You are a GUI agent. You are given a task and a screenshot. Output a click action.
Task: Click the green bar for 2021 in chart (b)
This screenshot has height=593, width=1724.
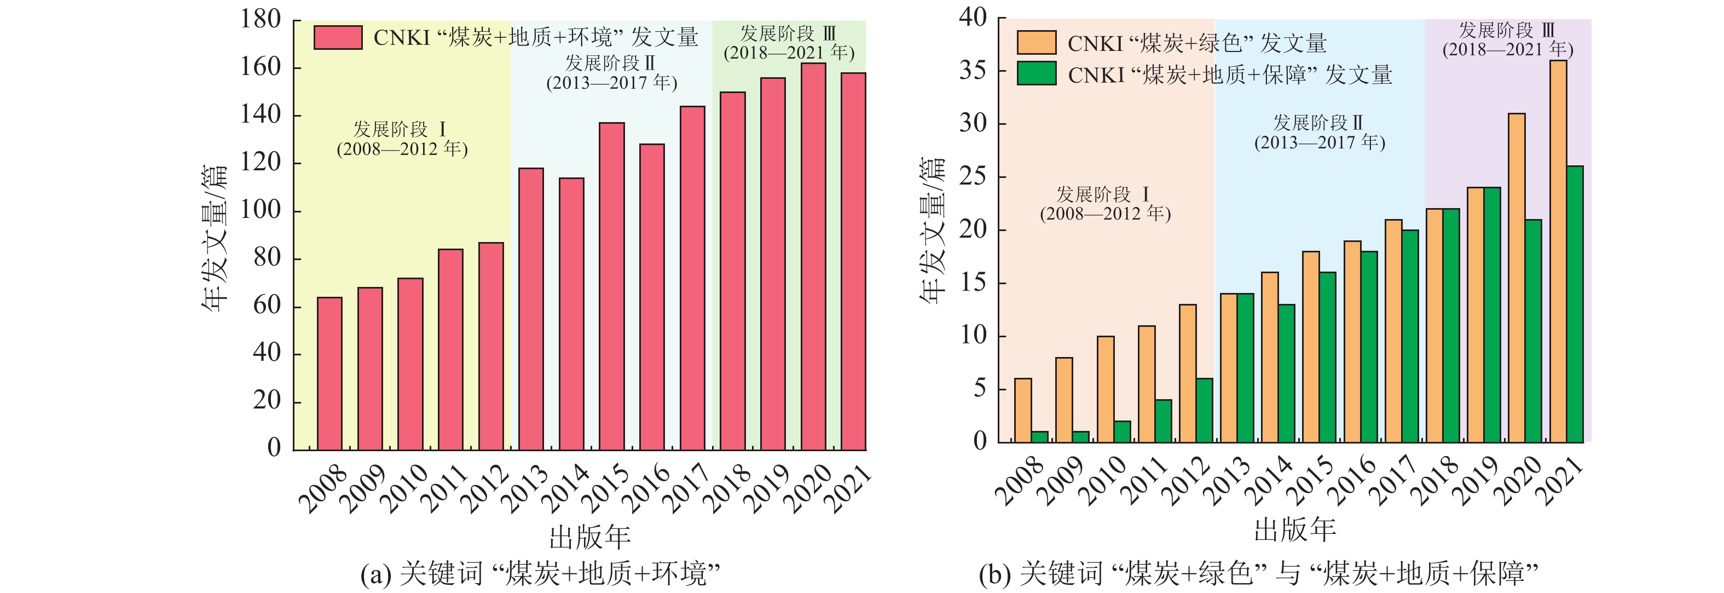(x=1575, y=304)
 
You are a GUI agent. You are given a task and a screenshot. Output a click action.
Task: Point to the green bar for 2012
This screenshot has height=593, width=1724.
(x=1204, y=410)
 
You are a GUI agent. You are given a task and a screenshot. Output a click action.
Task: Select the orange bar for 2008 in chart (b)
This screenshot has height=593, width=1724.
(x=1022, y=410)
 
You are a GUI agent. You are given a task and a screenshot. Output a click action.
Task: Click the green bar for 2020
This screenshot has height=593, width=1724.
(x=1533, y=331)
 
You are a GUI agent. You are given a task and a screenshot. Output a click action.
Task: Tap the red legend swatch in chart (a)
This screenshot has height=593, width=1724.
(x=338, y=37)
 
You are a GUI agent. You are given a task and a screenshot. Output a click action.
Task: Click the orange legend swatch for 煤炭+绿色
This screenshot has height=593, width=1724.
(x=1036, y=43)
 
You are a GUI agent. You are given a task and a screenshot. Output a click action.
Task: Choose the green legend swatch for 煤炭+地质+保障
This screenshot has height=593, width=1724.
(x=1036, y=73)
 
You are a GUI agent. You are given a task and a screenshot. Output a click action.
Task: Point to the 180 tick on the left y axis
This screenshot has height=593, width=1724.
(x=261, y=19)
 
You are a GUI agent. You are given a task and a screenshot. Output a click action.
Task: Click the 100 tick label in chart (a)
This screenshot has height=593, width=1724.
(x=261, y=210)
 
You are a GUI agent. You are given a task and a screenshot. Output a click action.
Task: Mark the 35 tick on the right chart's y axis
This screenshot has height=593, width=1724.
(x=973, y=70)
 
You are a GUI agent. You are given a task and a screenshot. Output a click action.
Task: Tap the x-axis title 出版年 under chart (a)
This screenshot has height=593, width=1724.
(x=589, y=536)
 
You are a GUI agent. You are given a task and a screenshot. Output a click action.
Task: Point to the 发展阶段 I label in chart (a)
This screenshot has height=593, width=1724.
(x=400, y=129)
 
